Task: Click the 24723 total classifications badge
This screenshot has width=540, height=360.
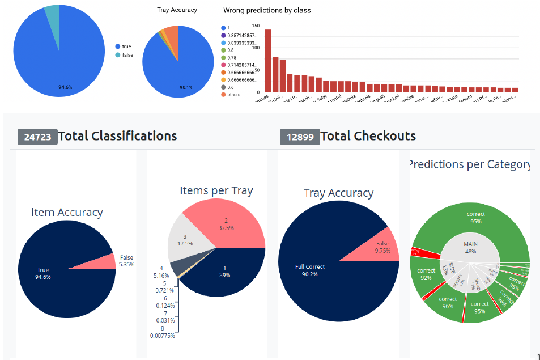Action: coord(37,137)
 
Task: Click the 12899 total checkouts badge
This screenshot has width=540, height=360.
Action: coord(300,137)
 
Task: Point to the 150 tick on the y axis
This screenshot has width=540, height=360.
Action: coord(256,26)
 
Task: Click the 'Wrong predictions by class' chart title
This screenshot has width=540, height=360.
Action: coord(267,10)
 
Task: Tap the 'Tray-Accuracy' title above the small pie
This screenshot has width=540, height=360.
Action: coord(177,10)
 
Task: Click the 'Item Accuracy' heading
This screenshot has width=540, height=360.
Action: coord(67,213)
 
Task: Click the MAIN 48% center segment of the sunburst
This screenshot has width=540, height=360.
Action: coord(470,248)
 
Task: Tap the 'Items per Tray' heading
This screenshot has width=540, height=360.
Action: coord(216,191)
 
